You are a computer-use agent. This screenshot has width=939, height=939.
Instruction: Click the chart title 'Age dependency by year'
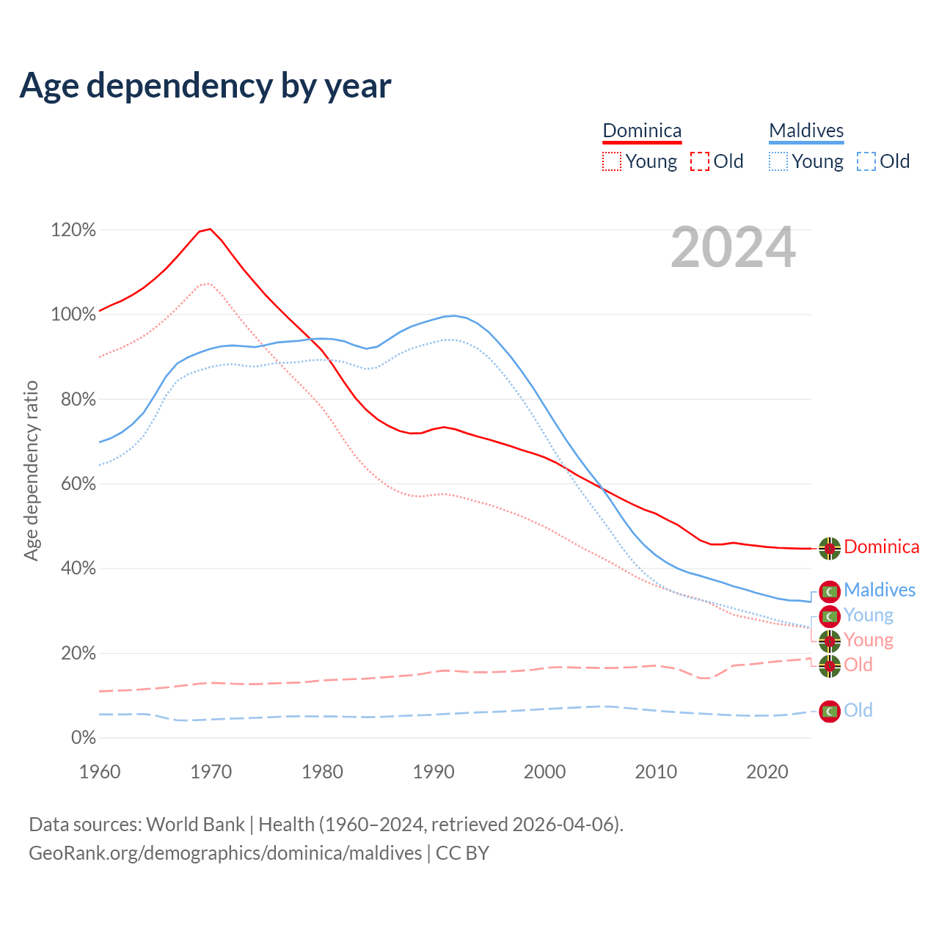[x=205, y=86]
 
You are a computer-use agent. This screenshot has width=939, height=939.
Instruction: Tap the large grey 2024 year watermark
[x=733, y=248]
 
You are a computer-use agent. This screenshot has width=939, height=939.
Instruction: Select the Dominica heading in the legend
[x=642, y=131]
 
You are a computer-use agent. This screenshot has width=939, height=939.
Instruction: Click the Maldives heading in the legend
[x=806, y=131]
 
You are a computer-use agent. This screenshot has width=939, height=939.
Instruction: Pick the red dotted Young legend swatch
[x=612, y=161]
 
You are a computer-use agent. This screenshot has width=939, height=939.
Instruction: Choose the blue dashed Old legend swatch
[x=866, y=161]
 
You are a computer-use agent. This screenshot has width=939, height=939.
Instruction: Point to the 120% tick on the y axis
[x=73, y=230]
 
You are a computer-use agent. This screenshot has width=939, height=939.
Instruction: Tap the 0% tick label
[x=83, y=738]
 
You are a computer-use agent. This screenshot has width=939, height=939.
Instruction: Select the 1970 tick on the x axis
[x=211, y=772]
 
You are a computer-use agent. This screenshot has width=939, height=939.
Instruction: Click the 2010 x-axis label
[x=656, y=772]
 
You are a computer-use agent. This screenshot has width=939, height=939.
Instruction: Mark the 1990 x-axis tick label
[x=434, y=772]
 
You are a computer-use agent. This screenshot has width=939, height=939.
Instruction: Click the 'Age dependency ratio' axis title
[x=31, y=471]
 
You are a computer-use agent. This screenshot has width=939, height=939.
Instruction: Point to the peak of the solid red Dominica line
[x=211, y=229]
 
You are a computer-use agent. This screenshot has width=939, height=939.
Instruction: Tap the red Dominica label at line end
[x=881, y=547]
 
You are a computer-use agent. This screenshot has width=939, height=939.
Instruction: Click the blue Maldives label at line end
[x=880, y=591]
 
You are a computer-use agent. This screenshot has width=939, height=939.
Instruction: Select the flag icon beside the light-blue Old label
[x=830, y=711]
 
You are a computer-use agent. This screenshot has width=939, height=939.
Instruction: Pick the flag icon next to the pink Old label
[x=830, y=666]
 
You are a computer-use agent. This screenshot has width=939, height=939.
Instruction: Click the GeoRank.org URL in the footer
[x=225, y=853]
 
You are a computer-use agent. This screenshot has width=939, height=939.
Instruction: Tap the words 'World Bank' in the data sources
[x=195, y=825]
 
